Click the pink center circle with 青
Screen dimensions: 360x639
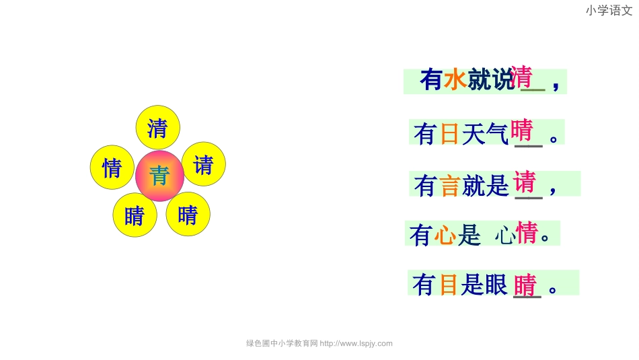(159, 176)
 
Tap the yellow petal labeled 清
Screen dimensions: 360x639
(157, 127)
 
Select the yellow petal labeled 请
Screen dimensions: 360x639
(203, 164)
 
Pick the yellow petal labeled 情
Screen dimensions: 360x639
(112, 168)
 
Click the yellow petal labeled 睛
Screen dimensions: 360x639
(135, 215)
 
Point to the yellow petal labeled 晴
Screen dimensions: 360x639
(188, 214)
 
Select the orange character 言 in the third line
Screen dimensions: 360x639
(449, 185)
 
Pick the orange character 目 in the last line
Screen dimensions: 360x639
(449, 285)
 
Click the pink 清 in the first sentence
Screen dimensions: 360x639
(522, 77)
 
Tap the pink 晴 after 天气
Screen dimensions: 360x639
(522, 130)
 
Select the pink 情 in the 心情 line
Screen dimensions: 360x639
(527, 233)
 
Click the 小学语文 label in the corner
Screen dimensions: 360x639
(609, 10)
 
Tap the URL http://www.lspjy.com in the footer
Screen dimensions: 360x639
(356, 343)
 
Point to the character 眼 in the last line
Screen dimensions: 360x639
(496, 285)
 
